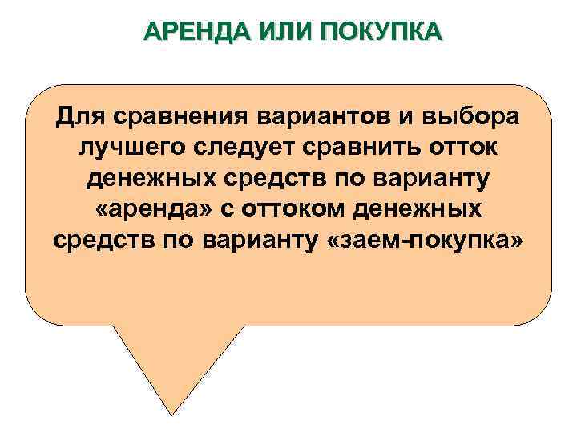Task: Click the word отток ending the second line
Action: coord(470,147)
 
